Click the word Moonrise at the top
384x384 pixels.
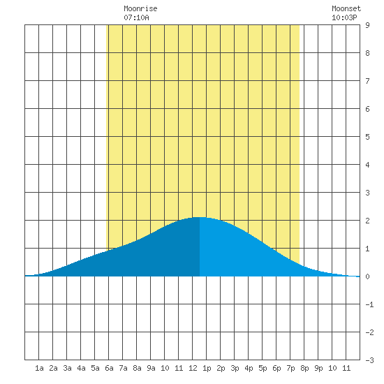coord(140,8)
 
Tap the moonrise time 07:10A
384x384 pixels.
coord(136,17)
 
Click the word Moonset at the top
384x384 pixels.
coord(346,8)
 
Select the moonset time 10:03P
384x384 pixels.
coord(344,17)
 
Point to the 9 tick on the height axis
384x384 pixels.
coord(367,25)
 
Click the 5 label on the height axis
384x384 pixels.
coord(367,137)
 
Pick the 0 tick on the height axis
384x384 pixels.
coord(367,276)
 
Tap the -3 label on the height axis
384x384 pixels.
coord(369,360)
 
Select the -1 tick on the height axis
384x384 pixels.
coord(369,304)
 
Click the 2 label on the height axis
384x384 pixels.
coord(367,221)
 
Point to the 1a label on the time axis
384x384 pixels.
coord(39,368)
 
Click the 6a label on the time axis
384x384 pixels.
coord(109,368)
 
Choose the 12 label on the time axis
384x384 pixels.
coord(193,368)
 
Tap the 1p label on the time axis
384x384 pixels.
coord(207,368)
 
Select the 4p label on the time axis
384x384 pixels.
coord(249,368)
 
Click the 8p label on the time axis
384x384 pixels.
coord(304,368)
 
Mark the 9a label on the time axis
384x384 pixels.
coord(151,368)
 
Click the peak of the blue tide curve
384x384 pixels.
coord(200,217)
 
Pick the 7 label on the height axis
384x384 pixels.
coord(367,81)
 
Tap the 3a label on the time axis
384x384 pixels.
coord(67,368)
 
